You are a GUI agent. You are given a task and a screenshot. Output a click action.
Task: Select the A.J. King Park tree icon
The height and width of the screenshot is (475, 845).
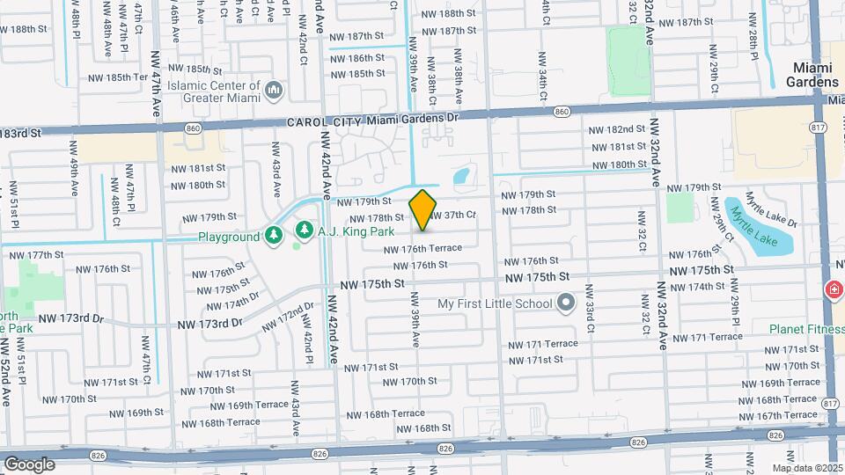pyautogui.click(x=305, y=230)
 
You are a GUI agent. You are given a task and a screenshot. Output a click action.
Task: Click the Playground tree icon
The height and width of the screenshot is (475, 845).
pyautogui.click(x=275, y=236)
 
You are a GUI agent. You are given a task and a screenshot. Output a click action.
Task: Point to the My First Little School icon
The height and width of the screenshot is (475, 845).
pyautogui.click(x=566, y=304)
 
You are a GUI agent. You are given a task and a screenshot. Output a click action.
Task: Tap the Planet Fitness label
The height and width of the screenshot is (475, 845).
pyautogui.click(x=805, y=330)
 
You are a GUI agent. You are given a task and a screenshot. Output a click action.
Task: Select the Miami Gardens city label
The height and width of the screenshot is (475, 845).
pyautogui.click(x=814, y=74)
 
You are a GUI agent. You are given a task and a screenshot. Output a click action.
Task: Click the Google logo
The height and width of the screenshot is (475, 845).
pyautogui.click(x=29, y=464)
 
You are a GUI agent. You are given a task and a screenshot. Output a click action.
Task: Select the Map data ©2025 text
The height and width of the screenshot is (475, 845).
pyautogui.click(x=807, y=468)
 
